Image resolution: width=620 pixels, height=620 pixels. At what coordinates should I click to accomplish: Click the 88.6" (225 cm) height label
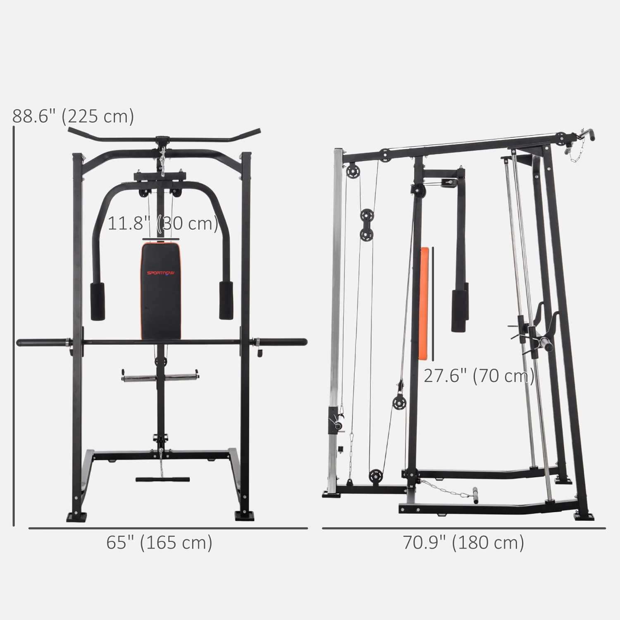pos(73,117)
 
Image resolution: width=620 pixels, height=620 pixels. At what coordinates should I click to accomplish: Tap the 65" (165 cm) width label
pos(159,542)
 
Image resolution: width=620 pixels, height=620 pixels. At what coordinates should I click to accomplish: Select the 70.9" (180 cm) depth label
pos(463,542)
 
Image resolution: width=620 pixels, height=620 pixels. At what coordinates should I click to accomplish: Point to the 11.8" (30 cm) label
pos(163,224)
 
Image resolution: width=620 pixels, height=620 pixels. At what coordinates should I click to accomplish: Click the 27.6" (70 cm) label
pos(479,376)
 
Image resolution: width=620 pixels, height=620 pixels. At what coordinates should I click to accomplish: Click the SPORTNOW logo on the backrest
pos(161,273)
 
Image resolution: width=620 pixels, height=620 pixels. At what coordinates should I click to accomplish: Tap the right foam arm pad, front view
pos(226,300)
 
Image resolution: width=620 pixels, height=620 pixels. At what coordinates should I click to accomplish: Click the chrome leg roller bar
pos(160,377)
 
